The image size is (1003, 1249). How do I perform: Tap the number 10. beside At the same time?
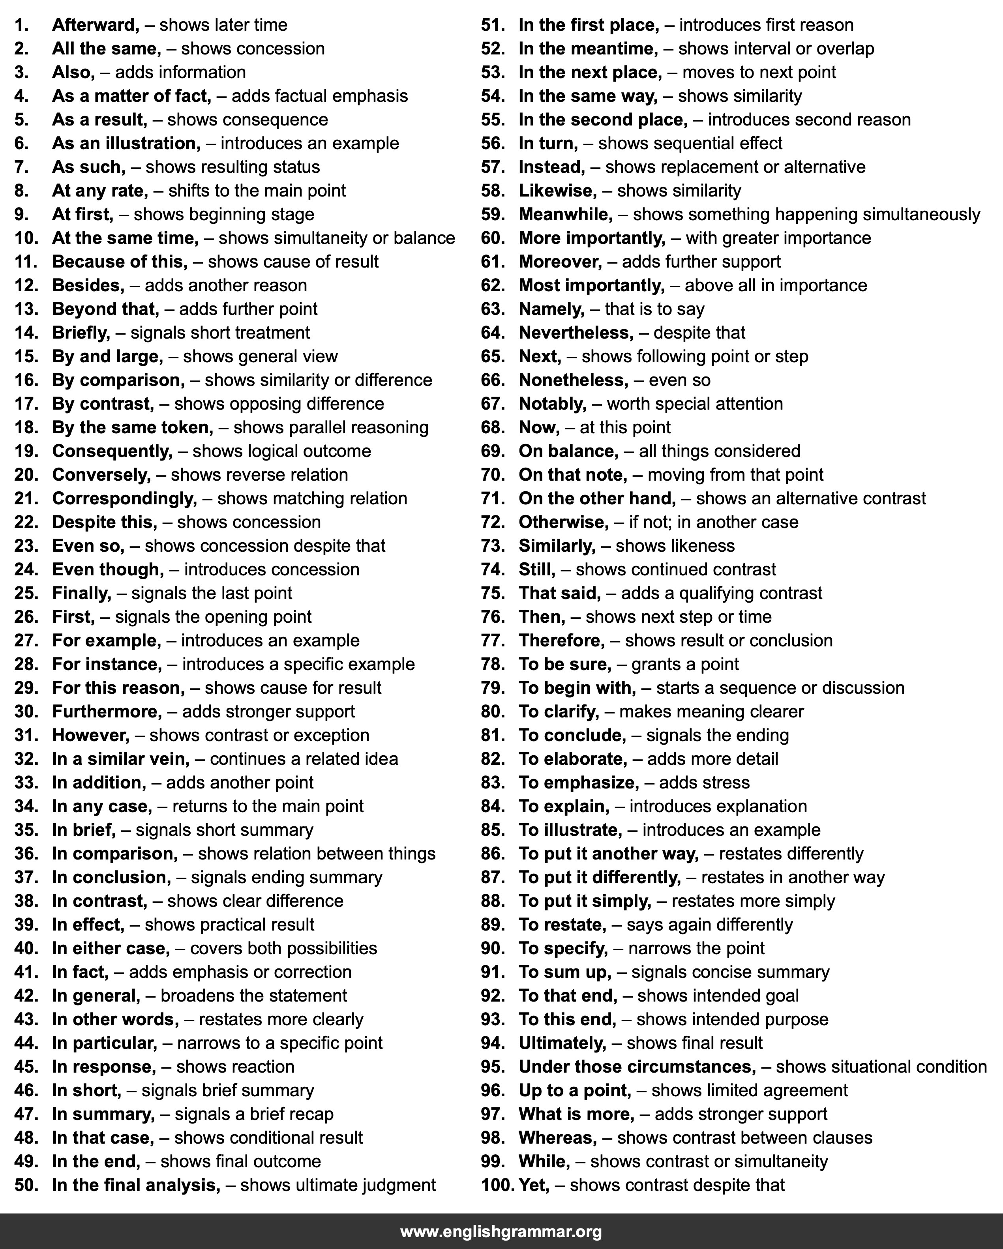coord(26,238)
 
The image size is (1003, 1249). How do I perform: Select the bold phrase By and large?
coord(107,356)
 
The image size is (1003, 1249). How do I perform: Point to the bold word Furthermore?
coord(107,712)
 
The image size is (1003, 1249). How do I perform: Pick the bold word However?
coord(90,735)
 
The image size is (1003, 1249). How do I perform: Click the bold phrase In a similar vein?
coord(120,759)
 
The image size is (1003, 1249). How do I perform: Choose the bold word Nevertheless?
coord(576,333)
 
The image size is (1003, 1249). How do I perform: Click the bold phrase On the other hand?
coord(597,498)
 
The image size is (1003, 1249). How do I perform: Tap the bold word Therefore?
coord(561,640)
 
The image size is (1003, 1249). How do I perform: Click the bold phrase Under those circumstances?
coord(637,1067)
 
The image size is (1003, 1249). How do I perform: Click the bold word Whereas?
coord(557,1138)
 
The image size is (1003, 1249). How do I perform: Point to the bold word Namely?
coord(551,309)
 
